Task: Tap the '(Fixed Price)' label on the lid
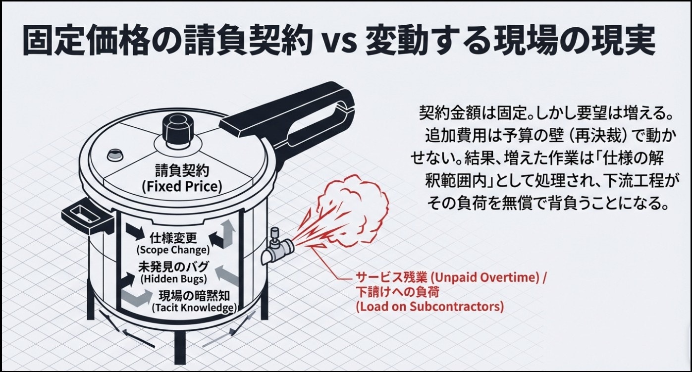(182, 187)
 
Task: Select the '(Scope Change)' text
(173, 250)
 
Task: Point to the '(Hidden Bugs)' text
(173, 279)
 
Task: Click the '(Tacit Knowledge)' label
(194, 308)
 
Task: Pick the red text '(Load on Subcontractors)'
(430, 307)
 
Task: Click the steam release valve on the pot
(277, 247)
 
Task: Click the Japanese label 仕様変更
(173, 238)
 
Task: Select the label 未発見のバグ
(173, 266)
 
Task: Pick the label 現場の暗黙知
(194, 296)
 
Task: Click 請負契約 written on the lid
(182, 171)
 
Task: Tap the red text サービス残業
(391, 277)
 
